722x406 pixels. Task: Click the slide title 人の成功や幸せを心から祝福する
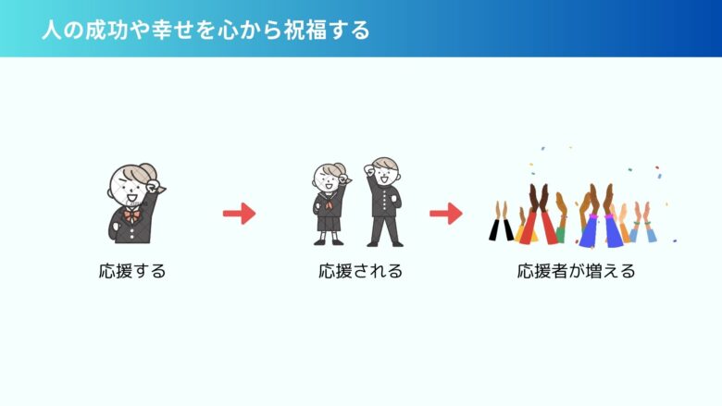pos(205,30)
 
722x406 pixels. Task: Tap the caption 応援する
pos(132,271)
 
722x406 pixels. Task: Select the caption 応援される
pos(361,271)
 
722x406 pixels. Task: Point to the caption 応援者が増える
pos(576,271)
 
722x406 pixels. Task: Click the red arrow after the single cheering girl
pos(240,214)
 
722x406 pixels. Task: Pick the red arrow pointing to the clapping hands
pos(446,214)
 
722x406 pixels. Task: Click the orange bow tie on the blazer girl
pos(132,215)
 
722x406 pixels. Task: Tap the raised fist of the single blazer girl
pos(152,188)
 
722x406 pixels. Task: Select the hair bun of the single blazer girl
pos(148,170)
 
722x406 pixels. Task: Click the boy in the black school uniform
pos(384,203)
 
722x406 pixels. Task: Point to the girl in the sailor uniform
pos(330,203)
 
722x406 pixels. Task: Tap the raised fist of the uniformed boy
pos(369,169)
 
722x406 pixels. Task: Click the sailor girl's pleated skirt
pos(329,223)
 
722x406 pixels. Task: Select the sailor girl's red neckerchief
pos(329,203)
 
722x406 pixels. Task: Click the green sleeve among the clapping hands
pos(561,235)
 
